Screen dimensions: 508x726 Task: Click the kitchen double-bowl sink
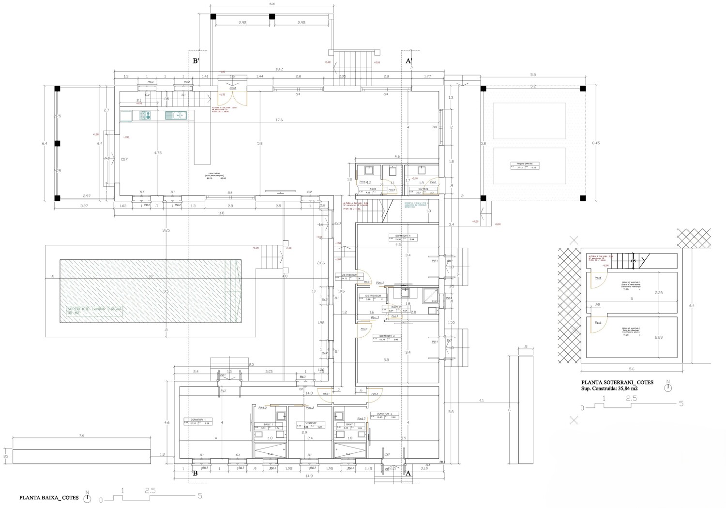coord(176,115)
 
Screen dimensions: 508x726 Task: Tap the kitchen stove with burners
coord(145,115)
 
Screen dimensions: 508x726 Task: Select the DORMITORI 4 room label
coord(403,236)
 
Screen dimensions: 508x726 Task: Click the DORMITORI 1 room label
coord(198,419)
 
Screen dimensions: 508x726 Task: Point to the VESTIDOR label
coord(310,423)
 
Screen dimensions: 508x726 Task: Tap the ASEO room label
coord(373,189)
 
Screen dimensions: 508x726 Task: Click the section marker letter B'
coord(197,61)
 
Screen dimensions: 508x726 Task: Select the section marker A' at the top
coord(408,61)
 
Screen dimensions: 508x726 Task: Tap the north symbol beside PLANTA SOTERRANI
coord(668,387)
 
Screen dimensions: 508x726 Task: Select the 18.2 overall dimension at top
coord(279,69)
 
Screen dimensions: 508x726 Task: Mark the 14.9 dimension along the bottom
coord(309,476)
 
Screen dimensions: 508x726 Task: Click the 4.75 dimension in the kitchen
coord(158,153)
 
